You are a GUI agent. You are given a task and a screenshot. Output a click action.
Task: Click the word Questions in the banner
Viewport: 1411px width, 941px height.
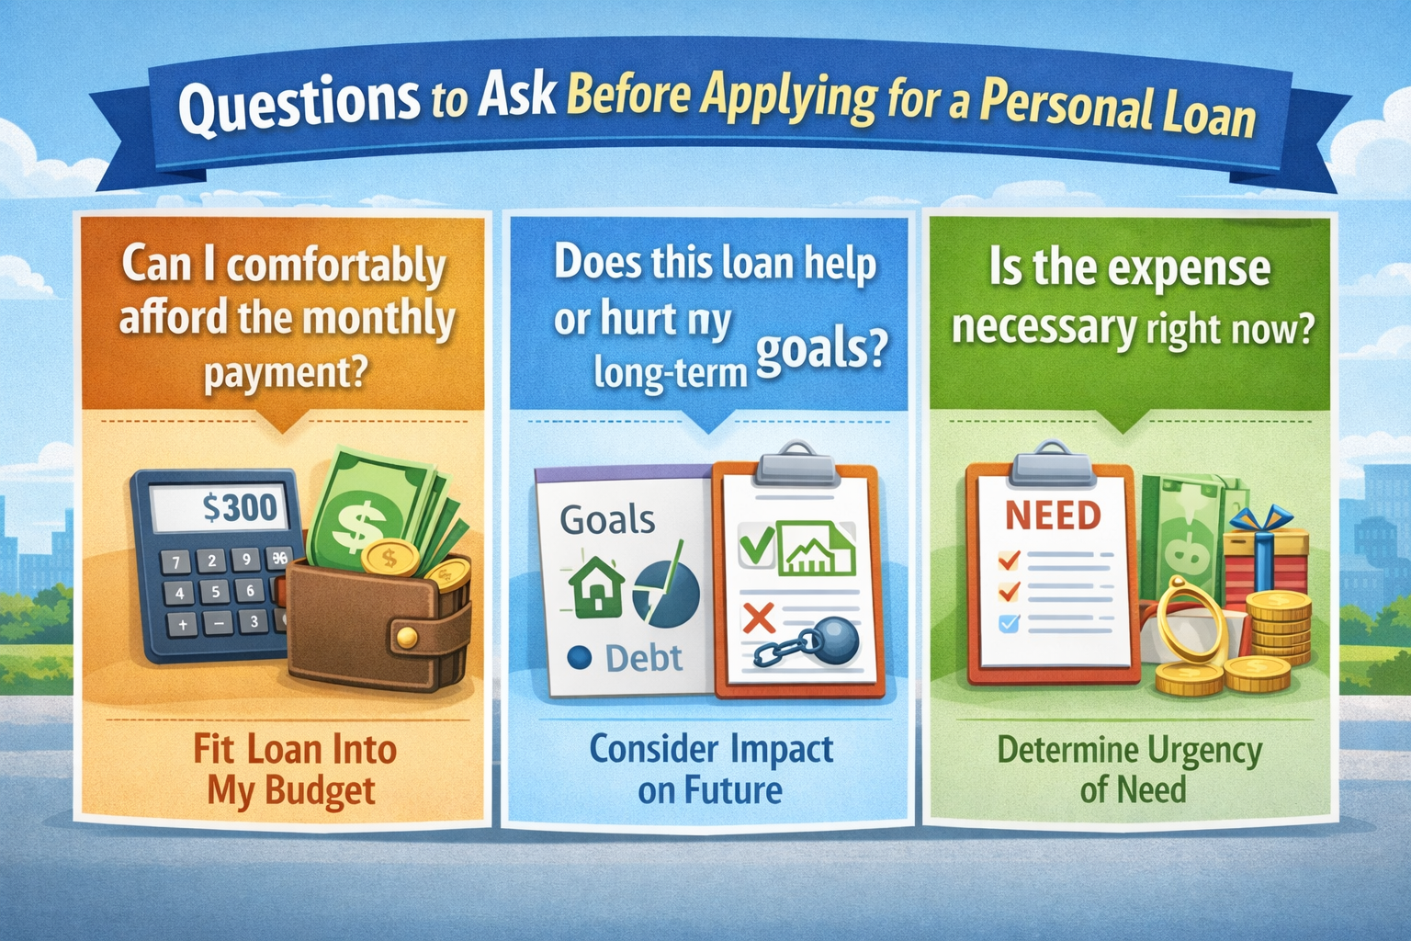[299, 104]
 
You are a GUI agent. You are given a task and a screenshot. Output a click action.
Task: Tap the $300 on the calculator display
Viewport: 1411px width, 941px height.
[240, 506]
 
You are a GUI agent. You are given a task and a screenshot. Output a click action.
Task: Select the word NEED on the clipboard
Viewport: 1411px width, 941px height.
[1053, 516]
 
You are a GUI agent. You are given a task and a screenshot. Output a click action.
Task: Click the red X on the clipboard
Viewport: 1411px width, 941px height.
[759, 618]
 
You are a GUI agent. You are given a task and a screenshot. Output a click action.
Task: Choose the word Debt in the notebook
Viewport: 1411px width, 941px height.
[644, 658]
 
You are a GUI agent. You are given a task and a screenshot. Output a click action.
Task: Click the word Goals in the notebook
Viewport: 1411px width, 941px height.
[607, 520]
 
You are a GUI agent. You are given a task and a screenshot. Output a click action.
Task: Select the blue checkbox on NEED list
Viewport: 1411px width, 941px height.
[1009, 623]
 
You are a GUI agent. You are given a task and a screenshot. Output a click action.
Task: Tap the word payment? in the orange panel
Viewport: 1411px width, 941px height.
[286, 374]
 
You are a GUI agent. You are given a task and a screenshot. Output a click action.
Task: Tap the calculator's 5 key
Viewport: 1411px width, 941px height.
[215, 592]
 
